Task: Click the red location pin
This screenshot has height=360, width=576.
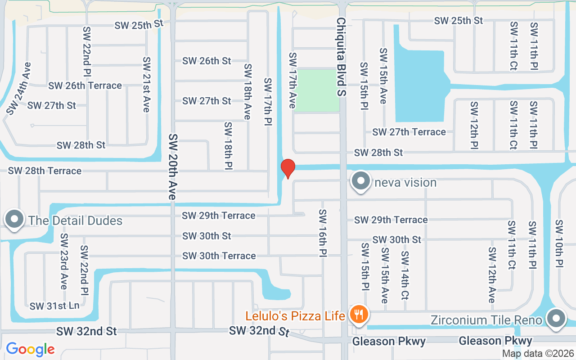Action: [288, 168]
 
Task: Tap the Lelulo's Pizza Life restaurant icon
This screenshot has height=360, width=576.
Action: [359, 314]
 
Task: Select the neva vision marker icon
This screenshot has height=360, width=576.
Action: [360, 181]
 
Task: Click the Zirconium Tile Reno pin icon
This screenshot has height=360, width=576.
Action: [556, 318]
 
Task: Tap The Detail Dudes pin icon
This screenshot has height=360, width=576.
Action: [14, 219]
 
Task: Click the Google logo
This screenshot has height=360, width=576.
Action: [30, 349]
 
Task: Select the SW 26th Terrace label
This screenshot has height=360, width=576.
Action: [85, 85]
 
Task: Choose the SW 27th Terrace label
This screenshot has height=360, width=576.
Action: [409, 132]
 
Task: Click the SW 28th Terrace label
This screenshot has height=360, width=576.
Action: [45, 171]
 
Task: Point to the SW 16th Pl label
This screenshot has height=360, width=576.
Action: [323, 233]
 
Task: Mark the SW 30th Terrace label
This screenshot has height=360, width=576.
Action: [219, 256]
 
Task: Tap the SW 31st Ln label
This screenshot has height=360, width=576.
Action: [54, 306]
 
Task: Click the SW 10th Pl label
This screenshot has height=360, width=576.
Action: [559, 243]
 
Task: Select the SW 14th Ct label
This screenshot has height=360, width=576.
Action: [405, 275]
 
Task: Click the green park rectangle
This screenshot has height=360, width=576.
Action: [317, 90]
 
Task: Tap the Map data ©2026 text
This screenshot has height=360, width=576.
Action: [538, 354]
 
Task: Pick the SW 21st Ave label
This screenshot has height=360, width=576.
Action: [146, 85]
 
